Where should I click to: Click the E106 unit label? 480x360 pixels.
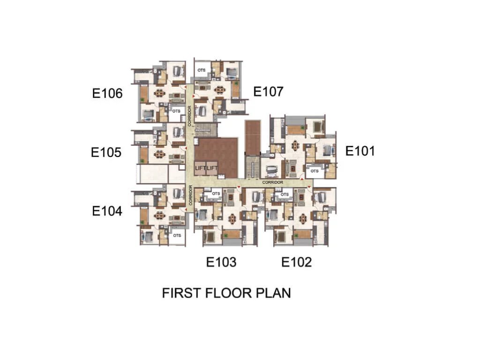coord(107,93)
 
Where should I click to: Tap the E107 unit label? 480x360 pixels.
coord(268,91)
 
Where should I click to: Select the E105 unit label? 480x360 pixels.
coord(106,152)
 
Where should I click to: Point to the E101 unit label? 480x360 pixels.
coord(360,151)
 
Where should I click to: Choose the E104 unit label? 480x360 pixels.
coord(107,211)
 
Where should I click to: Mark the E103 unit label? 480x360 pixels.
coord(221,262)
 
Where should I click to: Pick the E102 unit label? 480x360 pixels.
coord(296,262)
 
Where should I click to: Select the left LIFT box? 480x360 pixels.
coord(201,168)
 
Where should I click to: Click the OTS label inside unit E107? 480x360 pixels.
coord(202,70)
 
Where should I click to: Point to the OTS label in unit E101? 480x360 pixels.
coord(315,171)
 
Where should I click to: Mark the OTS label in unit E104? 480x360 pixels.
coord(177,235)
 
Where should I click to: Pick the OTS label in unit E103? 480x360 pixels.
coord(216,193)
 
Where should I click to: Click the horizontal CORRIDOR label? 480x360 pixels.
coord(273,182)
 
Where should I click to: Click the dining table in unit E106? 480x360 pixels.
coord(160,92)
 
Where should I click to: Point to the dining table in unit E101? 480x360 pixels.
coord(295,145)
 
